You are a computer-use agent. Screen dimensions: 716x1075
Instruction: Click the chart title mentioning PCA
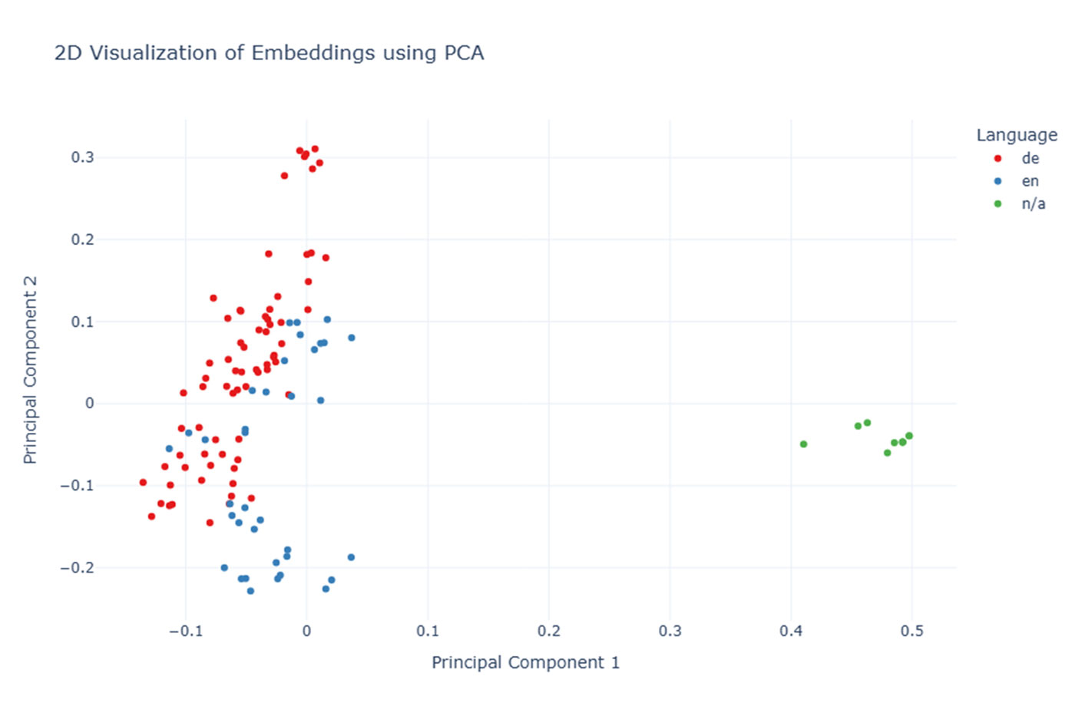coord(269,53)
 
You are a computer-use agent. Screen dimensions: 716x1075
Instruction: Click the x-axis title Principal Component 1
coord(525,662)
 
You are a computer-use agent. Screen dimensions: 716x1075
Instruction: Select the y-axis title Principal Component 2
coord(30,370)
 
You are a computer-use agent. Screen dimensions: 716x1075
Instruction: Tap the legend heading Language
coord(1016,135)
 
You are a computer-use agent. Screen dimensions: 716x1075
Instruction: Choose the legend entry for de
coord(1030,158)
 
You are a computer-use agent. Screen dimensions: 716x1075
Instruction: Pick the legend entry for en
coord(1030,181)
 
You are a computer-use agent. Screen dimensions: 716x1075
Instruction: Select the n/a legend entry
coord(1033,203)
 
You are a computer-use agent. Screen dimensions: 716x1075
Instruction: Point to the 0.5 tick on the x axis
coord(911,631)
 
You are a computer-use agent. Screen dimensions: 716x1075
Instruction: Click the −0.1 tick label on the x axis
coord(185,631)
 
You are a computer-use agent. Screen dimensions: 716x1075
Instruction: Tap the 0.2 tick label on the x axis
coord(548,631)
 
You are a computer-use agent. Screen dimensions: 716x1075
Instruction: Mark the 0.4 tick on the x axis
coord(791,631)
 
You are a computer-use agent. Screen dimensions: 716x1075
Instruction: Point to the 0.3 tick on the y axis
coord(82,157)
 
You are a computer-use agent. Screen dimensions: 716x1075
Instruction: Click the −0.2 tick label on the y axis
coord(77,568)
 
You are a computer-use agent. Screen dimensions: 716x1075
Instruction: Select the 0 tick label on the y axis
coord(89,404)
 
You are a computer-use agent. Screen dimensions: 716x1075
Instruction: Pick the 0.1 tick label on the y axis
coord(82,322)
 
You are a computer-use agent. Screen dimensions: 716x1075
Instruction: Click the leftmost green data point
coord(803,444)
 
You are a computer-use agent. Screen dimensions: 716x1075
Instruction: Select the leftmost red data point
coord(143,483)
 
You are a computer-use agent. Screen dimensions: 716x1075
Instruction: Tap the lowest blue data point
coord(250,591)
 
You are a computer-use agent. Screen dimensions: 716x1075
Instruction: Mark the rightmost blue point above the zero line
coord(352,338)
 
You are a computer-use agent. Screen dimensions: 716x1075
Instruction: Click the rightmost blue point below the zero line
coord(351,557)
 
